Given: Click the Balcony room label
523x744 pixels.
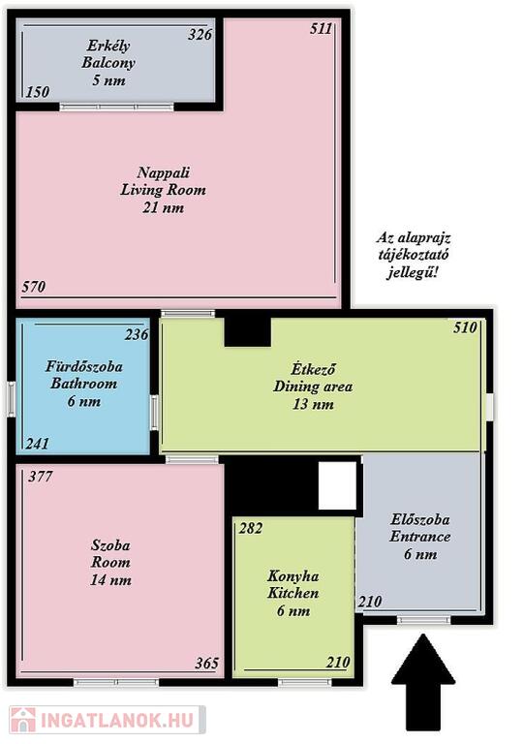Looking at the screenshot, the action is tap(108, 63).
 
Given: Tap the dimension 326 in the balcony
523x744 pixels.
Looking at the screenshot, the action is tap(200, 35).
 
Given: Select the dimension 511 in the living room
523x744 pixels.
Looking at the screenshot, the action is tap(322, 28).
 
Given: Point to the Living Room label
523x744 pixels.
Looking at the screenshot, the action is tap(163, 190).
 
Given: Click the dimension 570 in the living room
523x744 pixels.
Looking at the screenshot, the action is tap(34, 287).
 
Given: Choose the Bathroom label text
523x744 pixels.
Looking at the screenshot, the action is tap(84, 384).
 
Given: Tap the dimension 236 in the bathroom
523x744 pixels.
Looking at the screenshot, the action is tap(137, 335).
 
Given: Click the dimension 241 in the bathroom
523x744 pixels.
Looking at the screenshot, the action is tap(38, 444).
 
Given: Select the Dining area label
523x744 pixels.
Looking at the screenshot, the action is tap(313, 387).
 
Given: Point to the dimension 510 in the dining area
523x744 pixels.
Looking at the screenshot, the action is tap(465, 327).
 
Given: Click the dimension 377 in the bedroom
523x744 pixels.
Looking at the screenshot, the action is tap(41, 477).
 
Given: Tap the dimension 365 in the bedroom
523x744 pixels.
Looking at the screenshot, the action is tap(207, 663).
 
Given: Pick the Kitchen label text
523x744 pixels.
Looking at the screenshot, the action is tap(293, 593).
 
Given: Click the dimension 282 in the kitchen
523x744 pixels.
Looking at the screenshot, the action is tap(251, 528).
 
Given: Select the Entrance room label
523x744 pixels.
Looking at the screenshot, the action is tap(420, 537).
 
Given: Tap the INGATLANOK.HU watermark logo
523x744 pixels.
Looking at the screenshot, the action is tap(107, 720).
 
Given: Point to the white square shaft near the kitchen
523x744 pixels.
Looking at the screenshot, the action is tap(337, 485).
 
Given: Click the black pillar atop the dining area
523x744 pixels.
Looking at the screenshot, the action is tap(247, 332).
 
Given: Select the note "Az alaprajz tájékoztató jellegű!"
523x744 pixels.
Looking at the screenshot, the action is tap(413, 256).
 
